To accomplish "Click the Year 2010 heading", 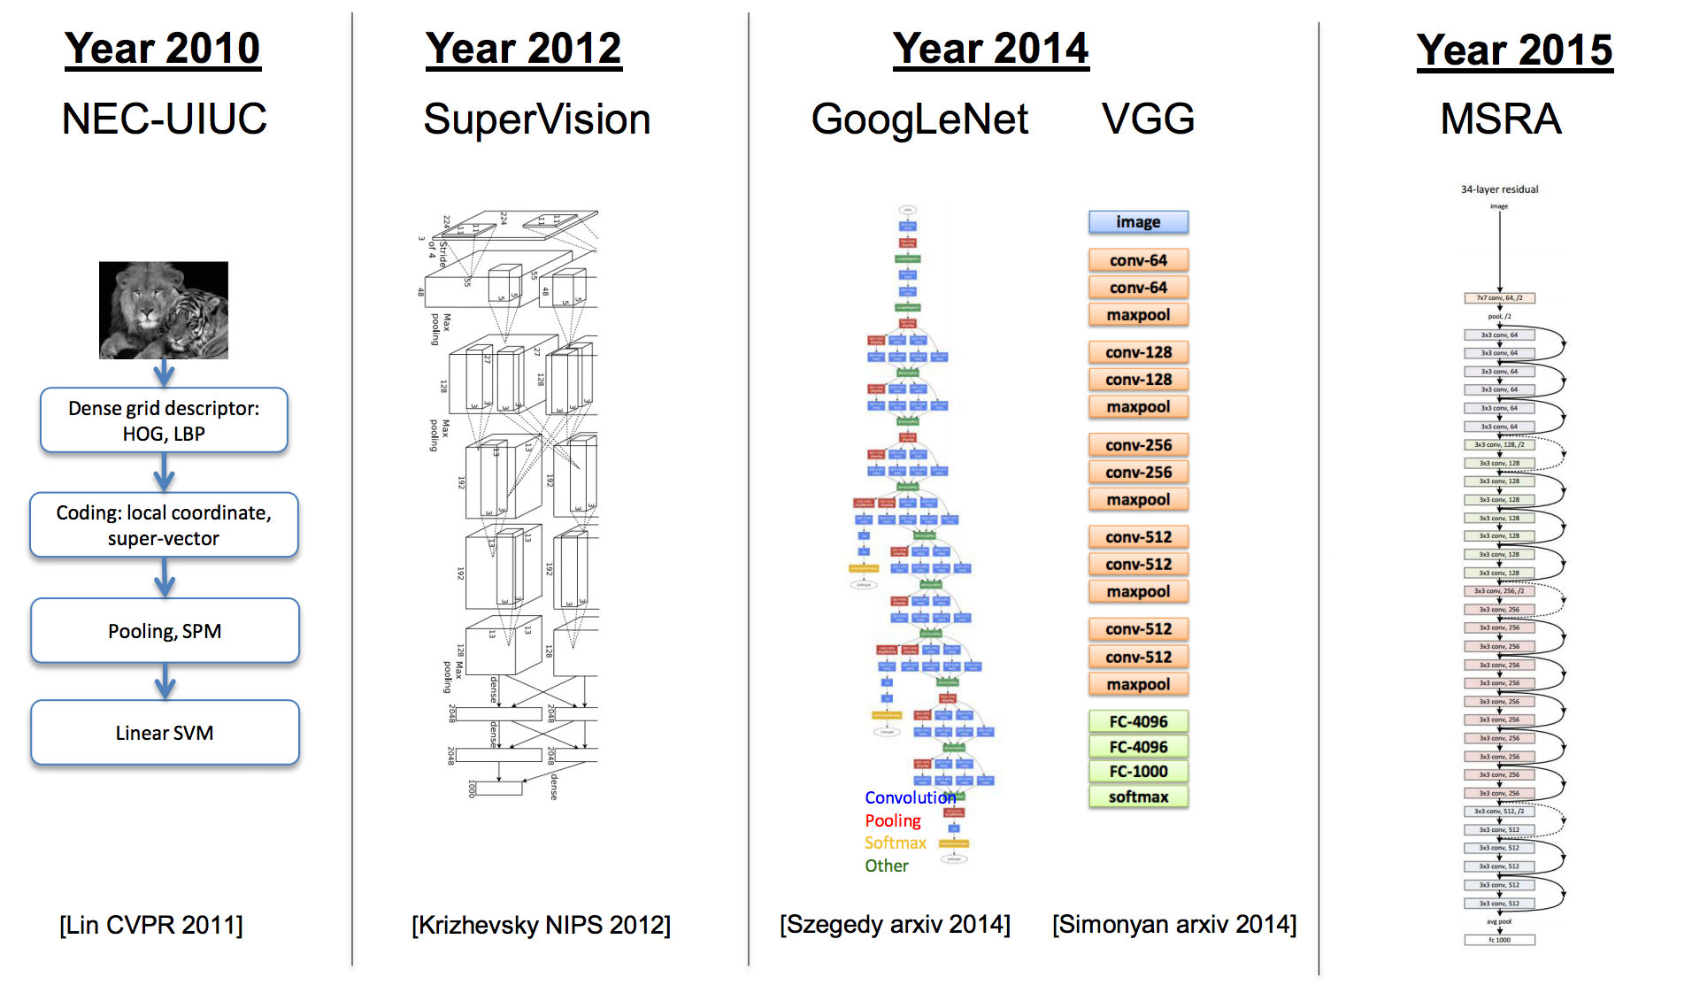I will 163,48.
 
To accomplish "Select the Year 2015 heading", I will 1514,50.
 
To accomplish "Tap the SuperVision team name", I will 536,119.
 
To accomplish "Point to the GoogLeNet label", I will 919,119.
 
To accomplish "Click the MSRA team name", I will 1500,119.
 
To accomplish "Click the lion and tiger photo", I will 164,310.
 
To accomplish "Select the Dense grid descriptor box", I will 164,420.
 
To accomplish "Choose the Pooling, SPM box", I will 165,630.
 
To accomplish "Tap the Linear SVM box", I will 165,732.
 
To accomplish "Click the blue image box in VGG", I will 1138,222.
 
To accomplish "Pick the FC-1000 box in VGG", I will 1138,771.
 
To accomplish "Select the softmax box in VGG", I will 1138,797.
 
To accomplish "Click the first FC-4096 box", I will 1138,721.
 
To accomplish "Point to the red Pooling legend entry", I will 892,820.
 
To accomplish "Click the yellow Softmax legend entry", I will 895,843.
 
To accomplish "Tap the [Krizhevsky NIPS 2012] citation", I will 541,925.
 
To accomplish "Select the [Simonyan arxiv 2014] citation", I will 1173,924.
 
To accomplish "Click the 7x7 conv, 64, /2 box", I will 1499,298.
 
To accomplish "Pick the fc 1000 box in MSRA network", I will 1499,940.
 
